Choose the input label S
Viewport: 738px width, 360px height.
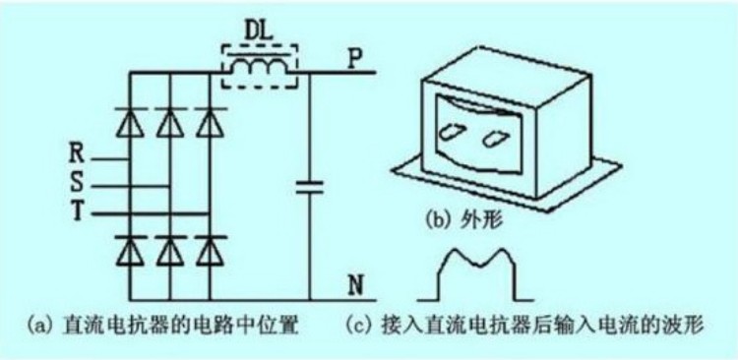[x=76, y=183]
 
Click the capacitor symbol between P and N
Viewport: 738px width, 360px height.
[x=311, y=187]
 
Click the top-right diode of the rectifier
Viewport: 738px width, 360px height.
[x=206, y=124]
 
